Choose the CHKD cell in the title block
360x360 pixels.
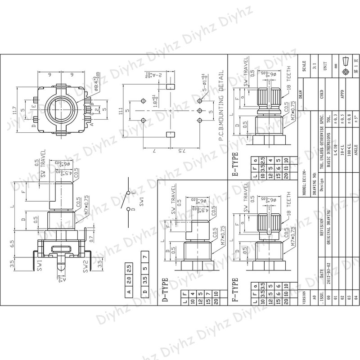pos(321,95)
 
